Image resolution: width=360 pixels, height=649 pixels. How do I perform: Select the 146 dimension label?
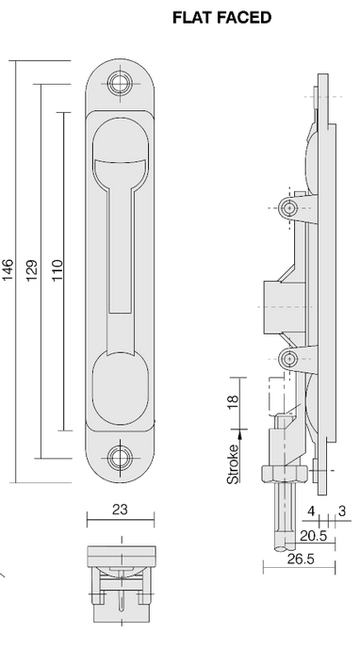coord(8,270)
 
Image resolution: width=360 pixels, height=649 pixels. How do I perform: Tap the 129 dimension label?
coord(31,270)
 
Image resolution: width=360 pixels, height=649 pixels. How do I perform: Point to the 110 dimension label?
coord(56,270)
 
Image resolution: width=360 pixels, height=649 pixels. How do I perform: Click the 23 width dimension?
coord(120,509)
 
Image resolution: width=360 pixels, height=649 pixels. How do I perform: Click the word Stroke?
coord(233,464)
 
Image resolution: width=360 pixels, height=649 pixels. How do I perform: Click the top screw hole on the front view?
coord(120,83)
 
